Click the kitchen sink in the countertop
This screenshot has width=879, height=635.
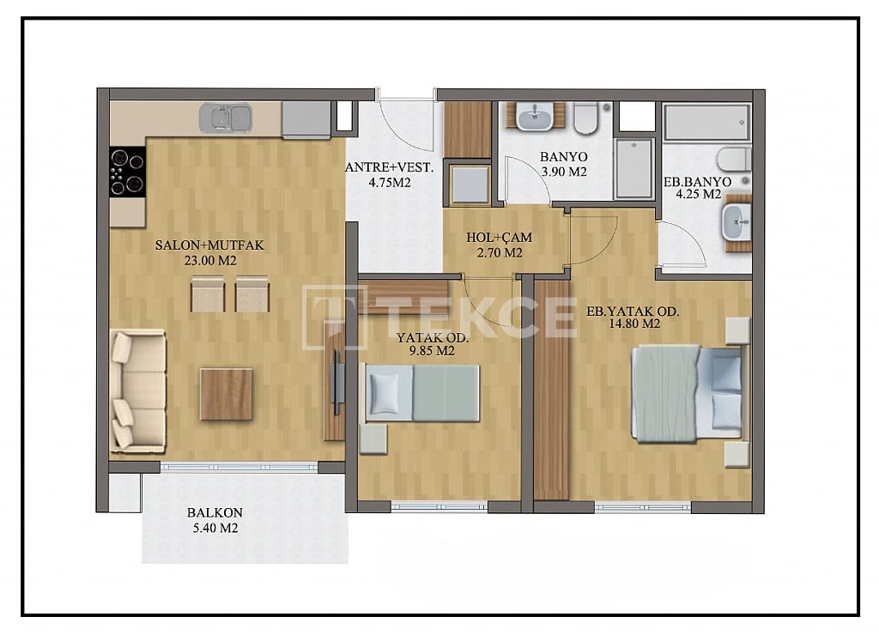tap(226, 118)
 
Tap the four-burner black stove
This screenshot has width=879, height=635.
tap(127, 172)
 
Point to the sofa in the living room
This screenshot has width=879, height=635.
tap(136, 390)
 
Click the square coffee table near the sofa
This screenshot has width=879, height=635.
tap(226, 394)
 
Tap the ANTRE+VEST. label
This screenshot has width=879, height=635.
tap(390, 168)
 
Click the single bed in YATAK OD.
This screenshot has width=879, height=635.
tap(422, 393)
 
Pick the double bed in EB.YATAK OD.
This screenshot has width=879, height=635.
tap(687, 392)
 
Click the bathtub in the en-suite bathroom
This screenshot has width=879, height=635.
tap(706, 123)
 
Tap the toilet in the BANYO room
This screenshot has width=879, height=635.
tap(586, 118)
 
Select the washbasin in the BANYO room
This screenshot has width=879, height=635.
tap(535, 116)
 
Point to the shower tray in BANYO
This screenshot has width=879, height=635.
tap(634, 168)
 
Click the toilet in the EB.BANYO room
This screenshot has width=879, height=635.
tap(734, 160)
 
